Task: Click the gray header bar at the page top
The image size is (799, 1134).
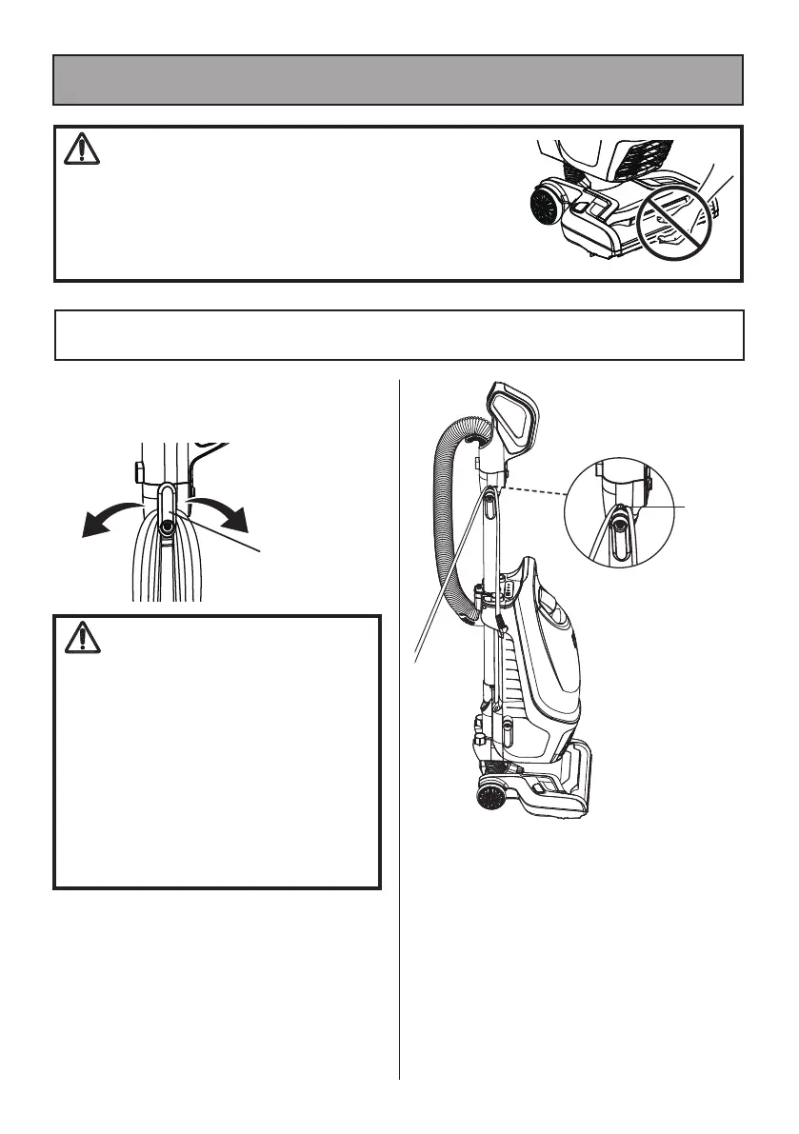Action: click(x=398, y=79)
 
